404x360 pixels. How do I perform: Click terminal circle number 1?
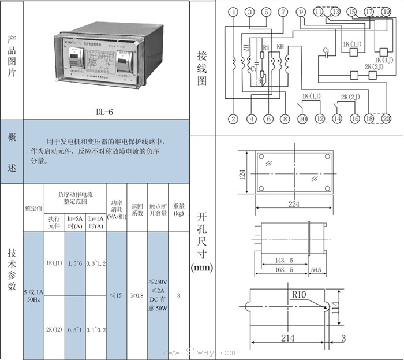coord(233,12)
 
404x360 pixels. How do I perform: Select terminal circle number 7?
coord(282,12)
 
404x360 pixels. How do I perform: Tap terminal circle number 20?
coord(386,119)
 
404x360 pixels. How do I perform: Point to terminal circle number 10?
coord(301,119)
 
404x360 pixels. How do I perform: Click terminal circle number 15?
coord(352,12)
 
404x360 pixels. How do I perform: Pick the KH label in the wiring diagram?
coord(280,46)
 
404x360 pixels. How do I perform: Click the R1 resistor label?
coord(265,47)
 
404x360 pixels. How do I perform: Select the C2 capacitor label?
coord(326,51)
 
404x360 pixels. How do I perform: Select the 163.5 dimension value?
coord(283,270)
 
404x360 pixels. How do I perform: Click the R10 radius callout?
coord(299,295)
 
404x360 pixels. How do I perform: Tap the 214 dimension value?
coord(287,337)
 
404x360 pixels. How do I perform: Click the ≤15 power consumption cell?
coord(116,295)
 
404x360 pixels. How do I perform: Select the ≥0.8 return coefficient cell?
coord(137,295)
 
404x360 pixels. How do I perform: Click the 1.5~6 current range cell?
coord(75,263)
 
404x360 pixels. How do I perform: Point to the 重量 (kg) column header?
coord(179,209)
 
